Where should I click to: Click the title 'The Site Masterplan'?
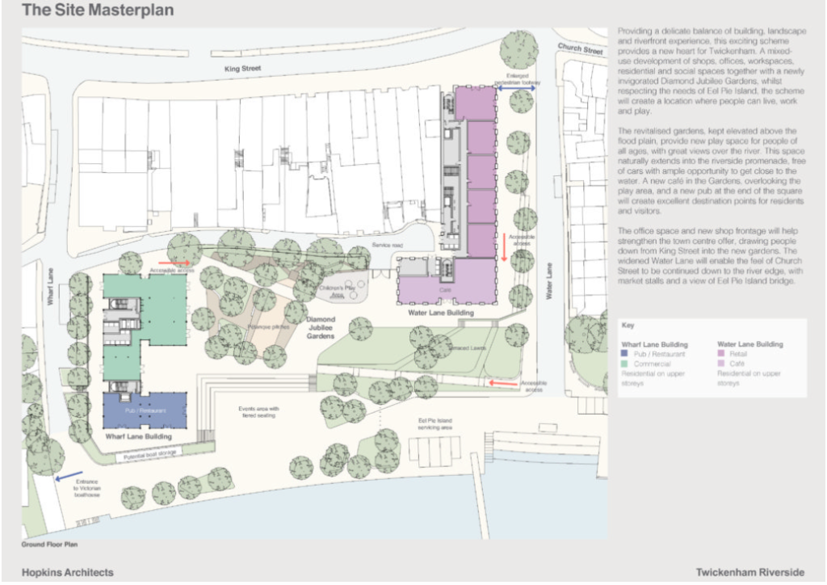(x=97, y=11)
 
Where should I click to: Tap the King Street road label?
(x=244, y=69)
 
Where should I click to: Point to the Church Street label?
(x=581, y=50)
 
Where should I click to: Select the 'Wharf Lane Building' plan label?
(x=139, y=436)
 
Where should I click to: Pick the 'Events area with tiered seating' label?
(x=258, y=413)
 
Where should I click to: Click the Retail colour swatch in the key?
(x=721, y=354)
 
